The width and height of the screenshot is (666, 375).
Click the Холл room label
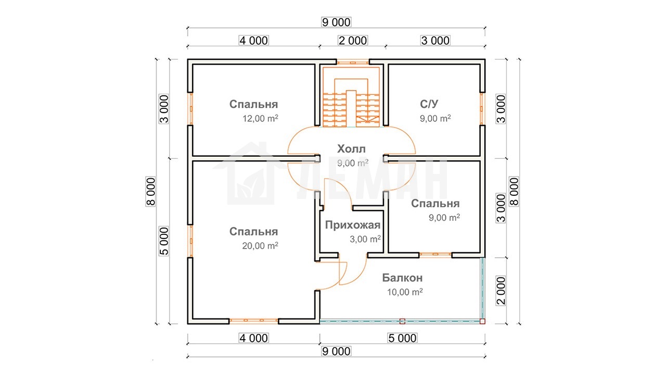(x=351, y=149)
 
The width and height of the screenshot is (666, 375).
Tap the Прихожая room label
(x=353, y=225)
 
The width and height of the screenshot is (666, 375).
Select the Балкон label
(x=402, y=278)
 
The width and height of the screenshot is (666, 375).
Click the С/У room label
(x=429, y=104)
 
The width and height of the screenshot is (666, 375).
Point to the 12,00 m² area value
(x=261, y=118)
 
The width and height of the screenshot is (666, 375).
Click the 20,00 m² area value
(x=260, y=245)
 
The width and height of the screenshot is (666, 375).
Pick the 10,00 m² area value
(x=405, y=292)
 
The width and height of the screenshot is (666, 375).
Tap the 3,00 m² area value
(x=365, y=239)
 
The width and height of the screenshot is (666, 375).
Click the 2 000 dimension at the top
(x=353, y=41)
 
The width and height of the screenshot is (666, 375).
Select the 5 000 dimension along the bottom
(x=403, y=338)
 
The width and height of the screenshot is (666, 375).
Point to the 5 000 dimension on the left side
(x=164, y=241)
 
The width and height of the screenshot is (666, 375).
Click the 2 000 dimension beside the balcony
(x=501, y=291)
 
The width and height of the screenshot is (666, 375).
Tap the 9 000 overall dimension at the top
(x=336, y=22)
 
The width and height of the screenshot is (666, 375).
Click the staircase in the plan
(x=351, y=97)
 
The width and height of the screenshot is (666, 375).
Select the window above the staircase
(x=353, y=63)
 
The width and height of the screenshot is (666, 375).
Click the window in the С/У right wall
(x=482, y=108)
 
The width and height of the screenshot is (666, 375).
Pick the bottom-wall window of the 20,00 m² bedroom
(x=253, y=320)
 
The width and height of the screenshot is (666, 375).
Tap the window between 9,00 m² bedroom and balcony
(x=436, y=254)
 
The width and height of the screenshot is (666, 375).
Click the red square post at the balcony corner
(x=482, y=321)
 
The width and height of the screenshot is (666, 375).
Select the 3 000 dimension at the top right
(x=436, y=41)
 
